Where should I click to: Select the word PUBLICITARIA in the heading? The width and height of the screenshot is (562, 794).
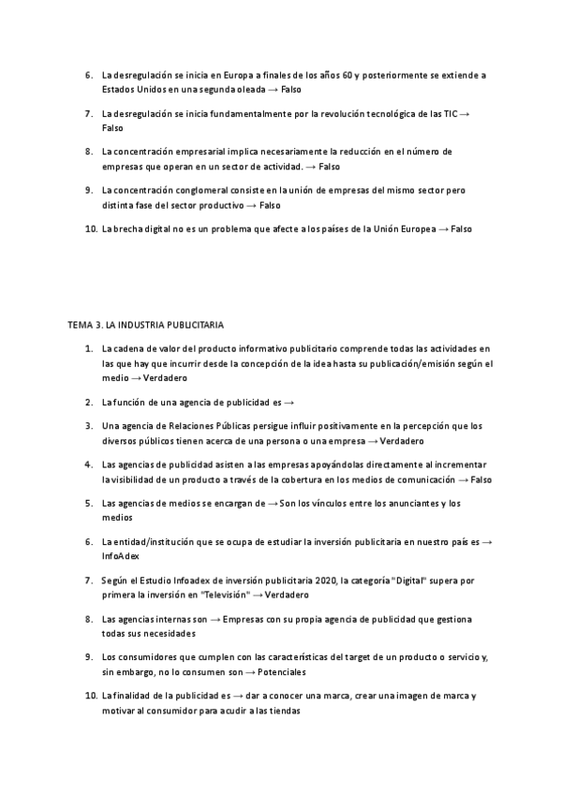(x=193, y=325)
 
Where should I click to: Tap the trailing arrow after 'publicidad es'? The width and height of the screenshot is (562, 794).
(x=289, y=402)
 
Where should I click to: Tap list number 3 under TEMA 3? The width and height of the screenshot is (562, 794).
(x=88, y=425)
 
